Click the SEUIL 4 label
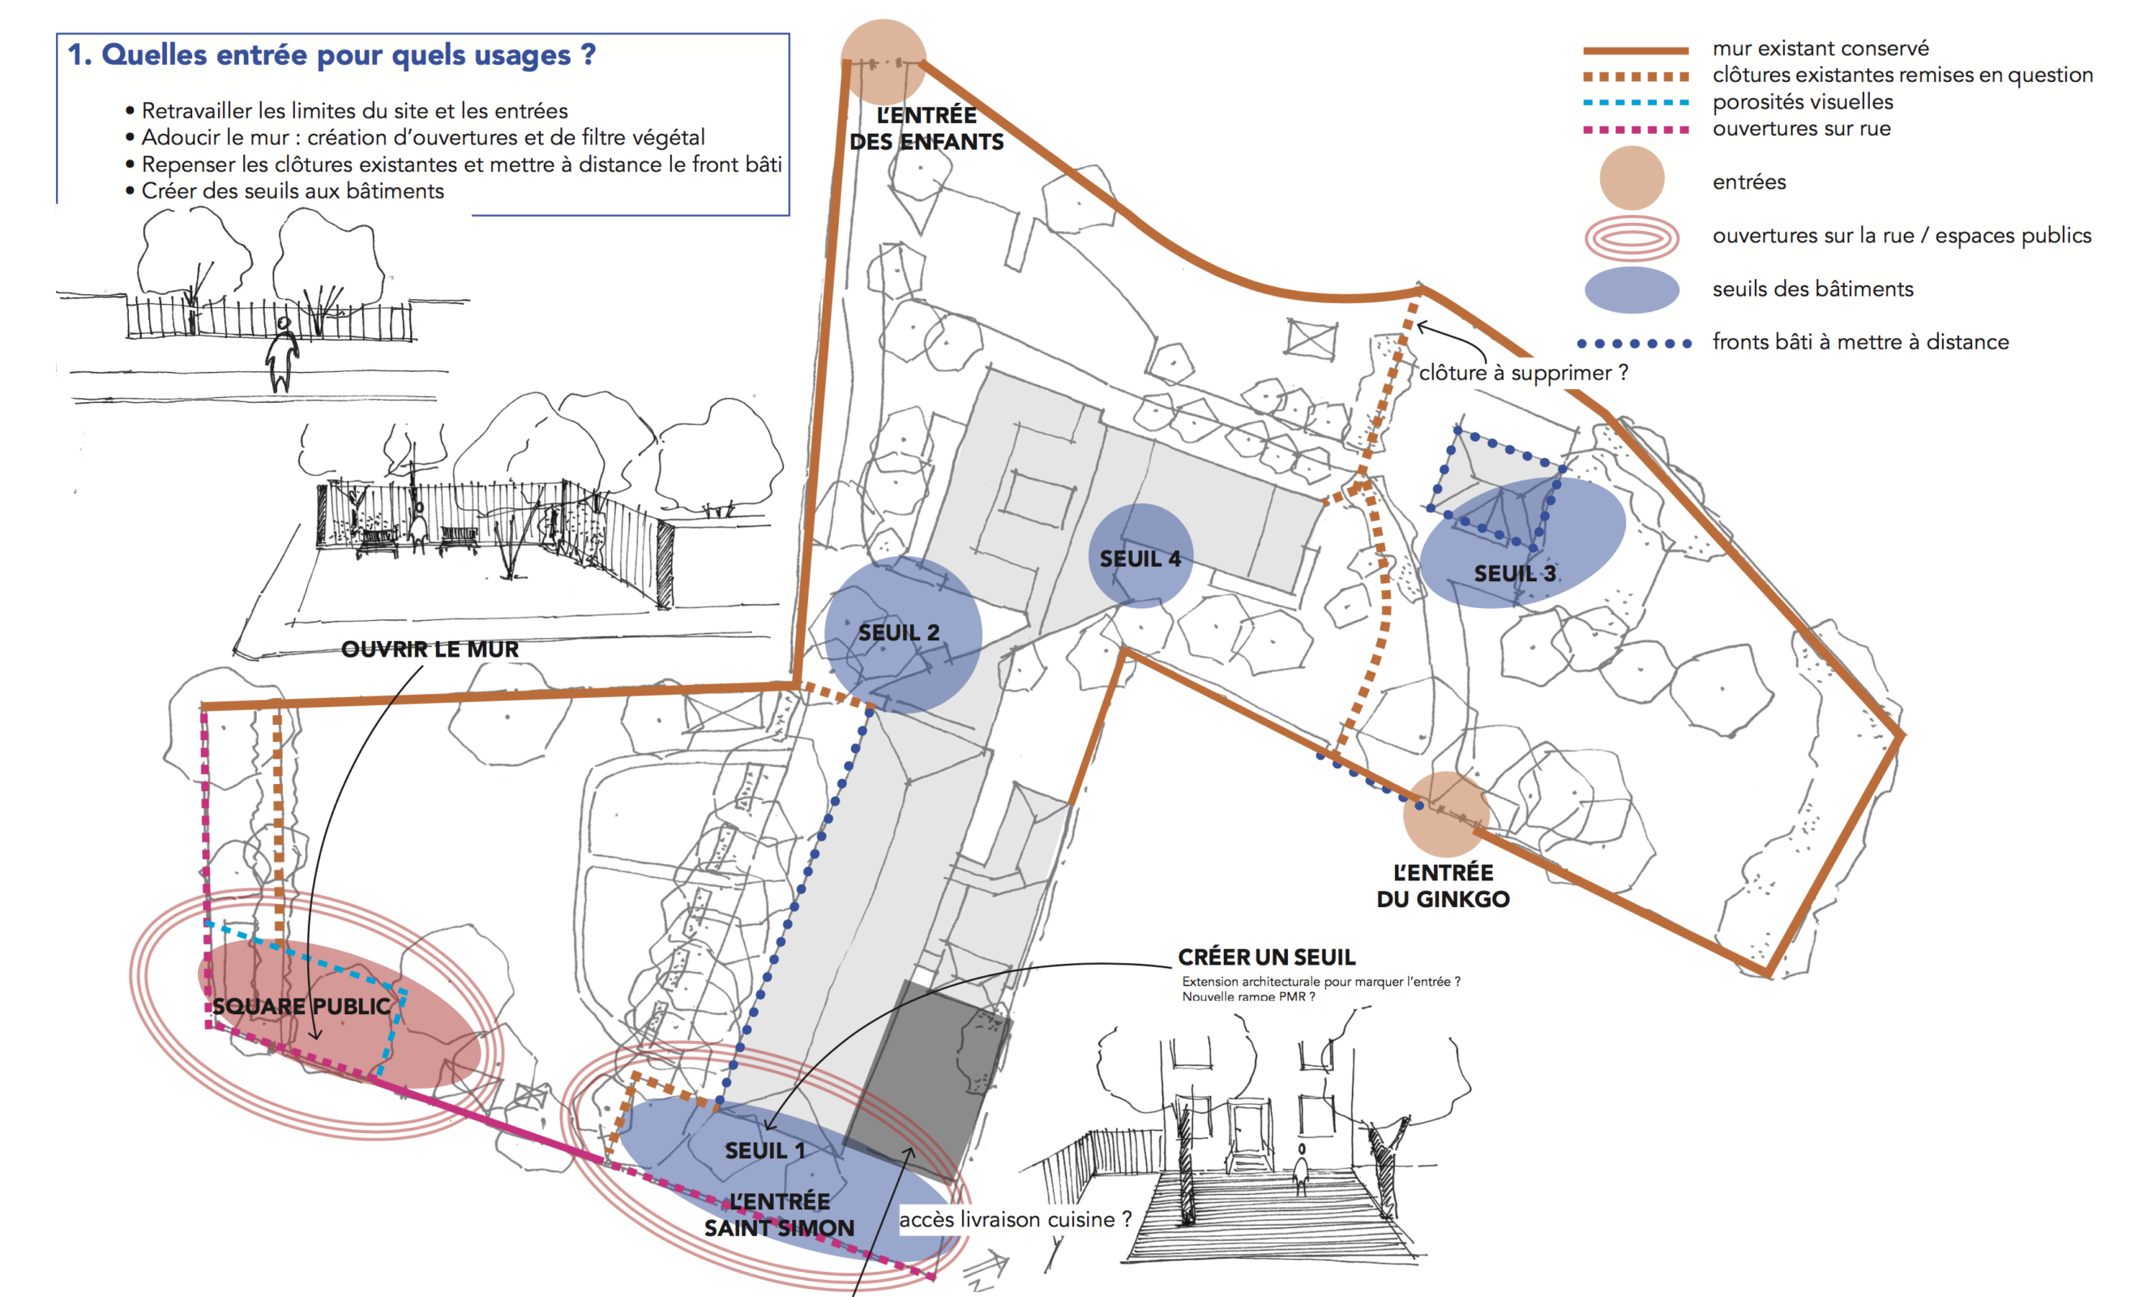pos(1139,559)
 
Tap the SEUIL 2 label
pos(898,633)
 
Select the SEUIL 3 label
pos(1514,574)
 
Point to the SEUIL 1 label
pos(764,1151)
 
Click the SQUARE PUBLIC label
pos(302,1006)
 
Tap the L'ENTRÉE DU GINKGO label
pos(1443,886)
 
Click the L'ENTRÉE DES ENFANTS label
pos(926,128)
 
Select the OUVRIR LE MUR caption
pos(430,649)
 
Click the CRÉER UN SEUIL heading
pos(1265,957)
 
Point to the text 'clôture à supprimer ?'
pos(1522,373)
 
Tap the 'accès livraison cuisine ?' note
pos(1015,1219)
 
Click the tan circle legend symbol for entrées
pos(1631,179)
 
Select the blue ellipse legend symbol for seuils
pos(1631,289)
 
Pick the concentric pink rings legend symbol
pos(1631,237)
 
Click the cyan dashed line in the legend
pos(1635,102)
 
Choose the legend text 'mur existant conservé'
pos(1820,48)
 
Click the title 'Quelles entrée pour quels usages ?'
pos(332,55)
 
